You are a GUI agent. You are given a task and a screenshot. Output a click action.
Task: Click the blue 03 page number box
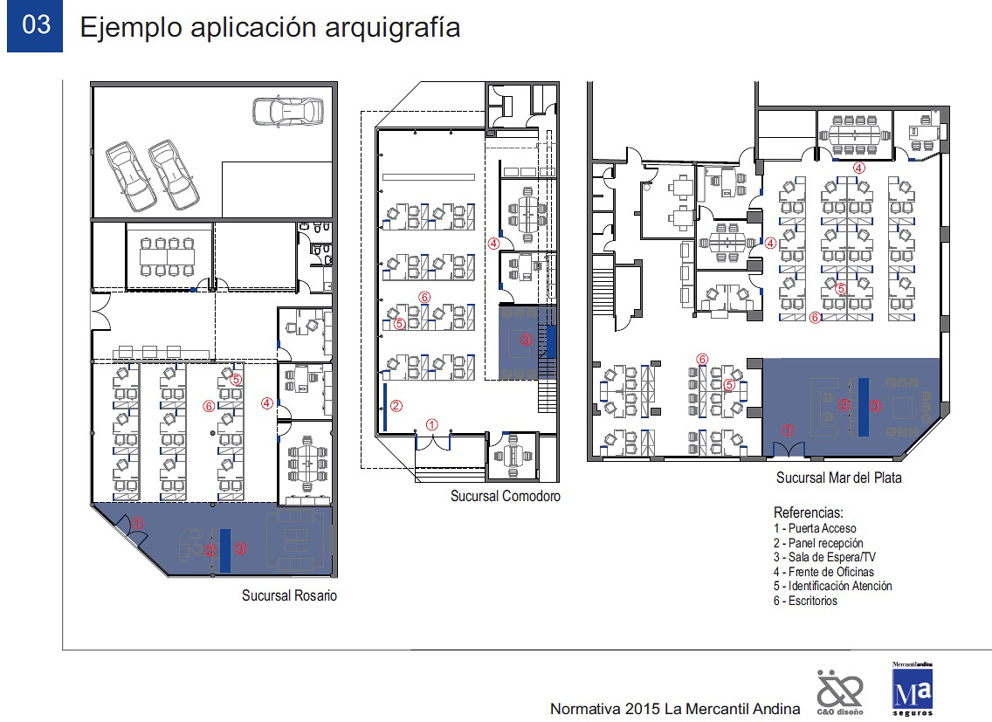35,25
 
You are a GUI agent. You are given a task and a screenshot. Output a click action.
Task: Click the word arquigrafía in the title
392,29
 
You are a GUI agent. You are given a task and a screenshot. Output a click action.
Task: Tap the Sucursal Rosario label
289,595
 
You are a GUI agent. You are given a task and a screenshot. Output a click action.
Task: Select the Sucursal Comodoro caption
506,496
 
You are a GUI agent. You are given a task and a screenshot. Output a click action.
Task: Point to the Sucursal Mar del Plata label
839,478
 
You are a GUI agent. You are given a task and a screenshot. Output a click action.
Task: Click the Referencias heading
809,512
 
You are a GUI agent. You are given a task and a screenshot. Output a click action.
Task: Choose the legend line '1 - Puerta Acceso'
815,528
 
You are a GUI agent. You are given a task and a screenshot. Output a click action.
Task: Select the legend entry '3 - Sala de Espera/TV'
824,558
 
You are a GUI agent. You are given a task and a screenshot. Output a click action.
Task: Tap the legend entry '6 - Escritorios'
805,602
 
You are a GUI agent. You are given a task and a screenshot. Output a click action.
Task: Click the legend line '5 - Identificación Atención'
832,587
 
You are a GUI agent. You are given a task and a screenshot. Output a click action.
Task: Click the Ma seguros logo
913,689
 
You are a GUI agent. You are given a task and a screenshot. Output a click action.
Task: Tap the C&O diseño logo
840,692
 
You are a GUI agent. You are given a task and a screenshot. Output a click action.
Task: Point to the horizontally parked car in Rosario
288,112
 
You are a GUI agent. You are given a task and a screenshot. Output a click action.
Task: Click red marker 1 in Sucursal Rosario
137,523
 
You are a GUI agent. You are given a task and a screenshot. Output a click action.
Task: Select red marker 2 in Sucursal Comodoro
396,406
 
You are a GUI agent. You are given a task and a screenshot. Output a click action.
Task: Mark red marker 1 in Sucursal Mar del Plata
788,430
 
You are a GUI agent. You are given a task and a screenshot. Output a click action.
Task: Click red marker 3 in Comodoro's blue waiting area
527,340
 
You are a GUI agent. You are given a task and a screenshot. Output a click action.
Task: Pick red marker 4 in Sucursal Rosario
267,403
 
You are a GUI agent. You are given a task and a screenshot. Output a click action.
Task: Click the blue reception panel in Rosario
225,551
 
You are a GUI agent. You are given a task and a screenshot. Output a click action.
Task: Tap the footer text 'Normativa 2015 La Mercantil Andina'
675,710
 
